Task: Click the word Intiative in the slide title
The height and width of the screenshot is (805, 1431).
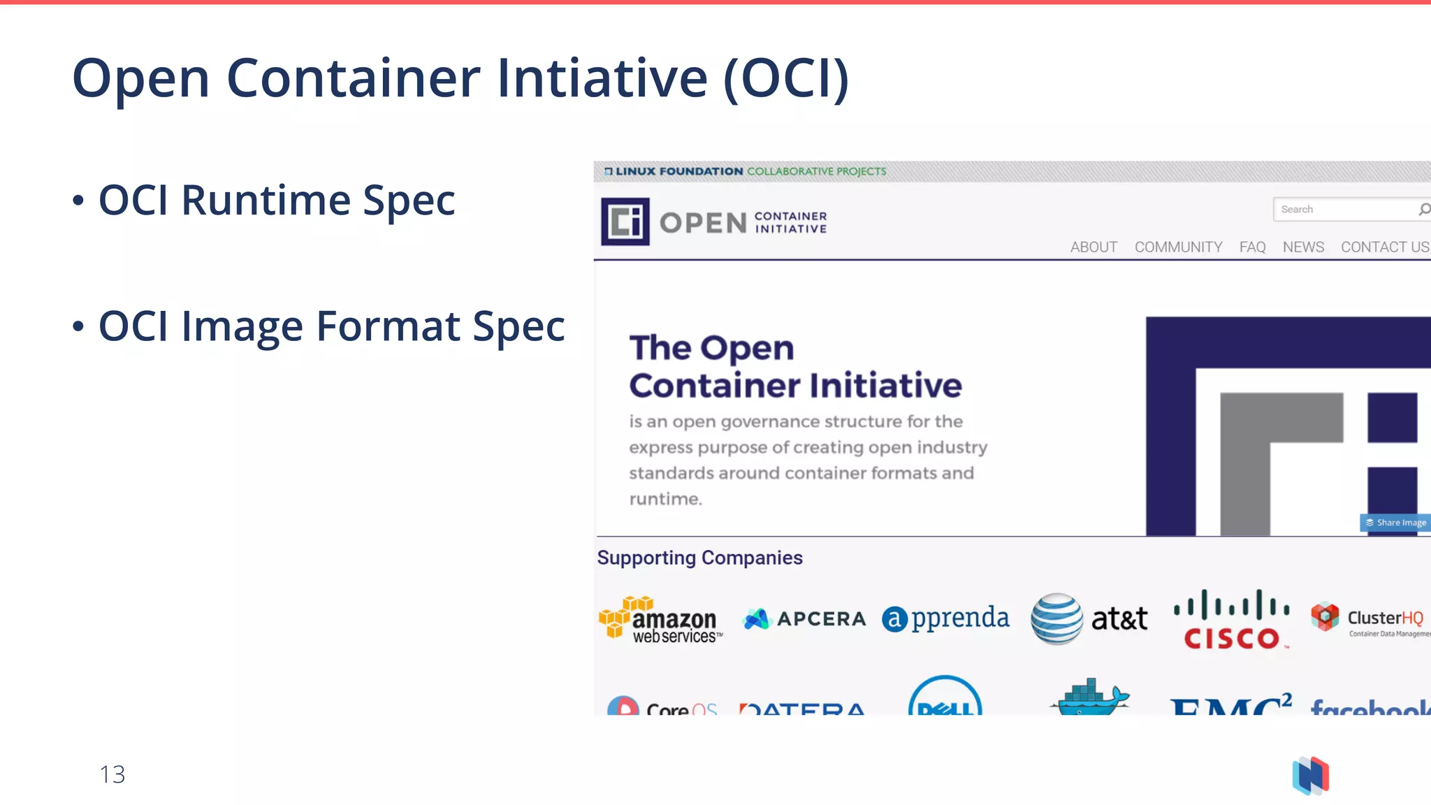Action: pos(602,78)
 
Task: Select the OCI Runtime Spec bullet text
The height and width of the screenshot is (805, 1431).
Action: pos(277,201)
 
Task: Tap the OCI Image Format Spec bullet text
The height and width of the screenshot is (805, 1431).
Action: pos(331,326)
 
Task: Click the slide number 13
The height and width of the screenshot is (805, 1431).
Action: pos(112,774)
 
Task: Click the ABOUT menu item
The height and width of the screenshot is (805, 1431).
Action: pos(1094,247)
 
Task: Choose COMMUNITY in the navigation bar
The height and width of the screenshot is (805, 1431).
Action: pos(1178,247)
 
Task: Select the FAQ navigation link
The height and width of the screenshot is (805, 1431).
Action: pos(1252,247)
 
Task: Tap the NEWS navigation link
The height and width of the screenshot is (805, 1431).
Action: pos(1303,247)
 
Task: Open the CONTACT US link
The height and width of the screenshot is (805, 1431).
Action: pos(1384,247)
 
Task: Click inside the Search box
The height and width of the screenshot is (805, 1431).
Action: pos(1342,209)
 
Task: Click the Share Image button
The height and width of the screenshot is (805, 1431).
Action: pos(1395,523)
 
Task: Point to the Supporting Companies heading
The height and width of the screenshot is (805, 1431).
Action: pos(699,558)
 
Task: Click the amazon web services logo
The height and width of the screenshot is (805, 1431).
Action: pos(660,620)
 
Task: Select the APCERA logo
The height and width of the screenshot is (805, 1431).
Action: pos(804,618)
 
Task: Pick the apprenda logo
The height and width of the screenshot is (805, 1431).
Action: pos(945,618)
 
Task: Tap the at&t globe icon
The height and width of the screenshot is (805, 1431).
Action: pos(1056,618)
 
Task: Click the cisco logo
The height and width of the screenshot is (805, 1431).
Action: pos(1231,619)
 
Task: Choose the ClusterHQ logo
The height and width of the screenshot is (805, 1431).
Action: pos(1370,619)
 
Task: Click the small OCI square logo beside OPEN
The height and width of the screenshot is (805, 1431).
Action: pos(625,222)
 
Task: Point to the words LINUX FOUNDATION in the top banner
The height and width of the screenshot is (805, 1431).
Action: pos(678,171)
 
